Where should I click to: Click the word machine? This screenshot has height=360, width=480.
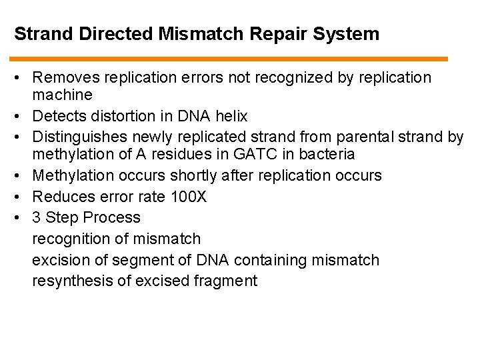pyautogui.click(x=62, y=95)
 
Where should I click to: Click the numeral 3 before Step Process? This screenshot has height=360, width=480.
pyautogui.click(x=37, y=217)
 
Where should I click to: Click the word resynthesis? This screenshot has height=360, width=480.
pyautogui.click(x=72, y=281)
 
